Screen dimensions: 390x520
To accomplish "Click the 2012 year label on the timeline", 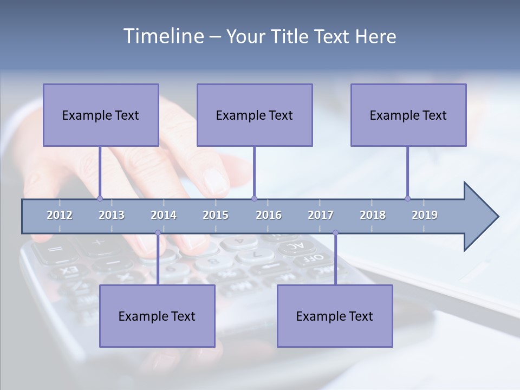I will [60, 215].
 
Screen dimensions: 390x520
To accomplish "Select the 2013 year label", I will [112, 215].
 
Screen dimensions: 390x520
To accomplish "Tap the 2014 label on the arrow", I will [164, 215].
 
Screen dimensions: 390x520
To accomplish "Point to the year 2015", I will [216, 215].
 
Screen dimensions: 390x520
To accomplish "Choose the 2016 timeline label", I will [269, 215].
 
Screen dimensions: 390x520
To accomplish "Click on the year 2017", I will [321, 215].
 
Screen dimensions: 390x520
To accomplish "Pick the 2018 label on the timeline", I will [373, 215].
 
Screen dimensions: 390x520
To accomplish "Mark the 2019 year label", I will [425, 215].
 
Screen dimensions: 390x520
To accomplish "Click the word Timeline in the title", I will [162, 36].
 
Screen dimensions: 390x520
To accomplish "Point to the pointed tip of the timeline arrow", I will [497, 217].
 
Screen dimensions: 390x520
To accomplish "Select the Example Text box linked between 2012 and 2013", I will [101, 115].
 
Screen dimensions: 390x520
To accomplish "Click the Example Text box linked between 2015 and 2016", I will [255, 115].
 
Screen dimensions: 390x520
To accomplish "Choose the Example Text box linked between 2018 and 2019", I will [408, 115].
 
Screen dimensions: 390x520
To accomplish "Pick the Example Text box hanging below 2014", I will [157, 316].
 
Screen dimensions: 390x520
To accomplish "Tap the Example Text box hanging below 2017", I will [335, 316].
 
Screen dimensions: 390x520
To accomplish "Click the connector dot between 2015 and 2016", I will [254, 198].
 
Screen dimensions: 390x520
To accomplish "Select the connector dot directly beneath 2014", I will [158, 232].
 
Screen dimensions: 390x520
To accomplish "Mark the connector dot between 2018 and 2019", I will [407, 198].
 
